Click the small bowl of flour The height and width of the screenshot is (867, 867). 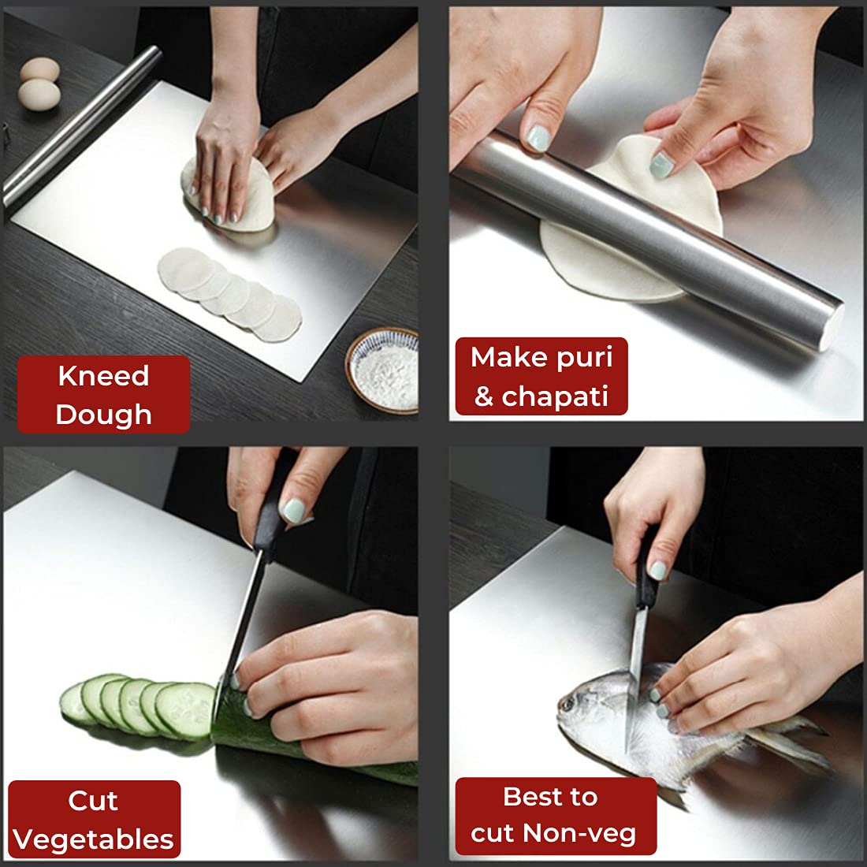coord(383,370)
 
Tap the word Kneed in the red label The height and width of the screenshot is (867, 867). coord(103,376)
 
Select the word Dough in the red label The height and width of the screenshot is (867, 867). coord(103,415)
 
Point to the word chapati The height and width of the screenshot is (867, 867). coord(555,396)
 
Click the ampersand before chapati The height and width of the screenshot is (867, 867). coord(483,396)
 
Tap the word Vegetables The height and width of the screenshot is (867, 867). coord(94,839)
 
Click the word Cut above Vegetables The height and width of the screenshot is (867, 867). coord(93,801)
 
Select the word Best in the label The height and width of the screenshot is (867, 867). coord(549,797)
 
